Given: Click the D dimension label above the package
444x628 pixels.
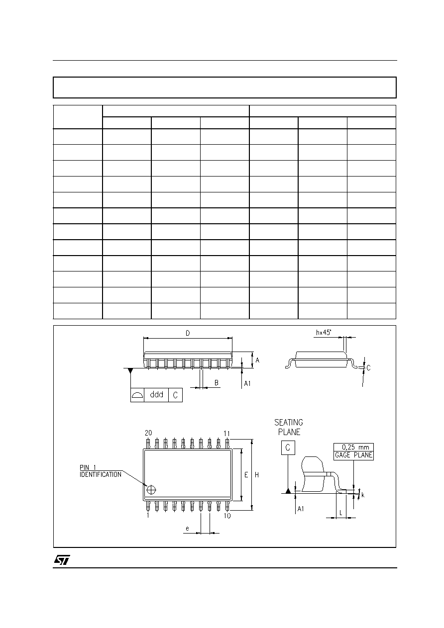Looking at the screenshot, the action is pos(188,333).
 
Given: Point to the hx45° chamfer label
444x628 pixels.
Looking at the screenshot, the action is pos(324,333).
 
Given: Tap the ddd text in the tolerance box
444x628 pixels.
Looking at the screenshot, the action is pos(157,395).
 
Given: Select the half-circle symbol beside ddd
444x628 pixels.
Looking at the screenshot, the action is pos(137,395).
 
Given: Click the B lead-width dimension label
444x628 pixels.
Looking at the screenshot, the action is pos(217,383).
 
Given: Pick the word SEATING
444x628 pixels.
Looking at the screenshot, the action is pos(289,423).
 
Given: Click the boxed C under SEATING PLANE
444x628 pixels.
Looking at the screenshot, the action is pos(288,448).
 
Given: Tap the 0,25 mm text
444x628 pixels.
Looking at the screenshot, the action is pos(355,448).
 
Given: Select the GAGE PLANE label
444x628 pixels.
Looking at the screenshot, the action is pos(353,455).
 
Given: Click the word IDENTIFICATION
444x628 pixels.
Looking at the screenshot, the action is pos(101,475).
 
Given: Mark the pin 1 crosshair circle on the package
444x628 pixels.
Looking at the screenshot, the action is pos(151,490).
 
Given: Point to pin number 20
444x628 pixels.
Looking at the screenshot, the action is pos(148,433).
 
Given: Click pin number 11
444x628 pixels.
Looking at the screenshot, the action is pos(227,434).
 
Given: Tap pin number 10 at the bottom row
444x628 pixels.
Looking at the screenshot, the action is pos(227,516).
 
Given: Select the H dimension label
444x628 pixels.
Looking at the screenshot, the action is pos(257,475).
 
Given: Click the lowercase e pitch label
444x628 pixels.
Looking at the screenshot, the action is pos(187,529).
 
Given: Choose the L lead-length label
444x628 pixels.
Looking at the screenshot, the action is pos(341,513).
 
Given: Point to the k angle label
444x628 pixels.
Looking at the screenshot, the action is pos(363,495).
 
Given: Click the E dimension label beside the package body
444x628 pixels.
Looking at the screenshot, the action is pos(246,475).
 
